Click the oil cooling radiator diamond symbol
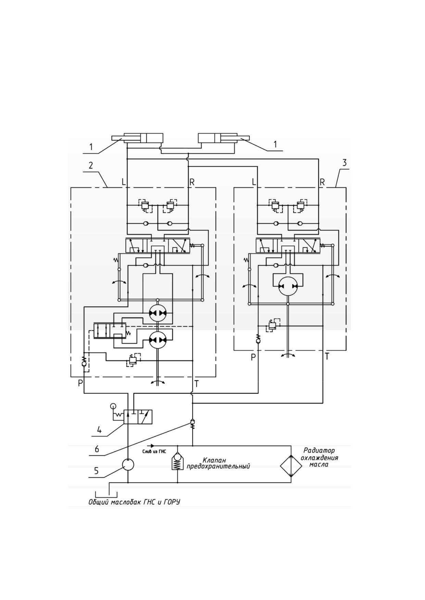pos(291,466)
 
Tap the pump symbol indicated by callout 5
pos(128,465)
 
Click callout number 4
pos(99,430)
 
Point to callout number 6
pos(97,449)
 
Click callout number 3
pos(345,163)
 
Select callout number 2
pos(90,166)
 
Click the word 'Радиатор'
pos(319,451)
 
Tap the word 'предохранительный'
pos(218,466)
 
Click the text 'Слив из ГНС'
pos(154,452)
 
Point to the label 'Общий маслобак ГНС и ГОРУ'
pos(134,502)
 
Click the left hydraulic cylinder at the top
pos(137,138)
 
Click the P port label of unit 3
pos(253,357)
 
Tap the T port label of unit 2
pos(197,384)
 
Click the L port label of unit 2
pos(124,182)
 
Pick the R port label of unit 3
pos(322,182)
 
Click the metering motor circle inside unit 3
pos(288,286)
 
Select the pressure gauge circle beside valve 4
pos(113,406)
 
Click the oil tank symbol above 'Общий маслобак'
pos(106,495)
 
